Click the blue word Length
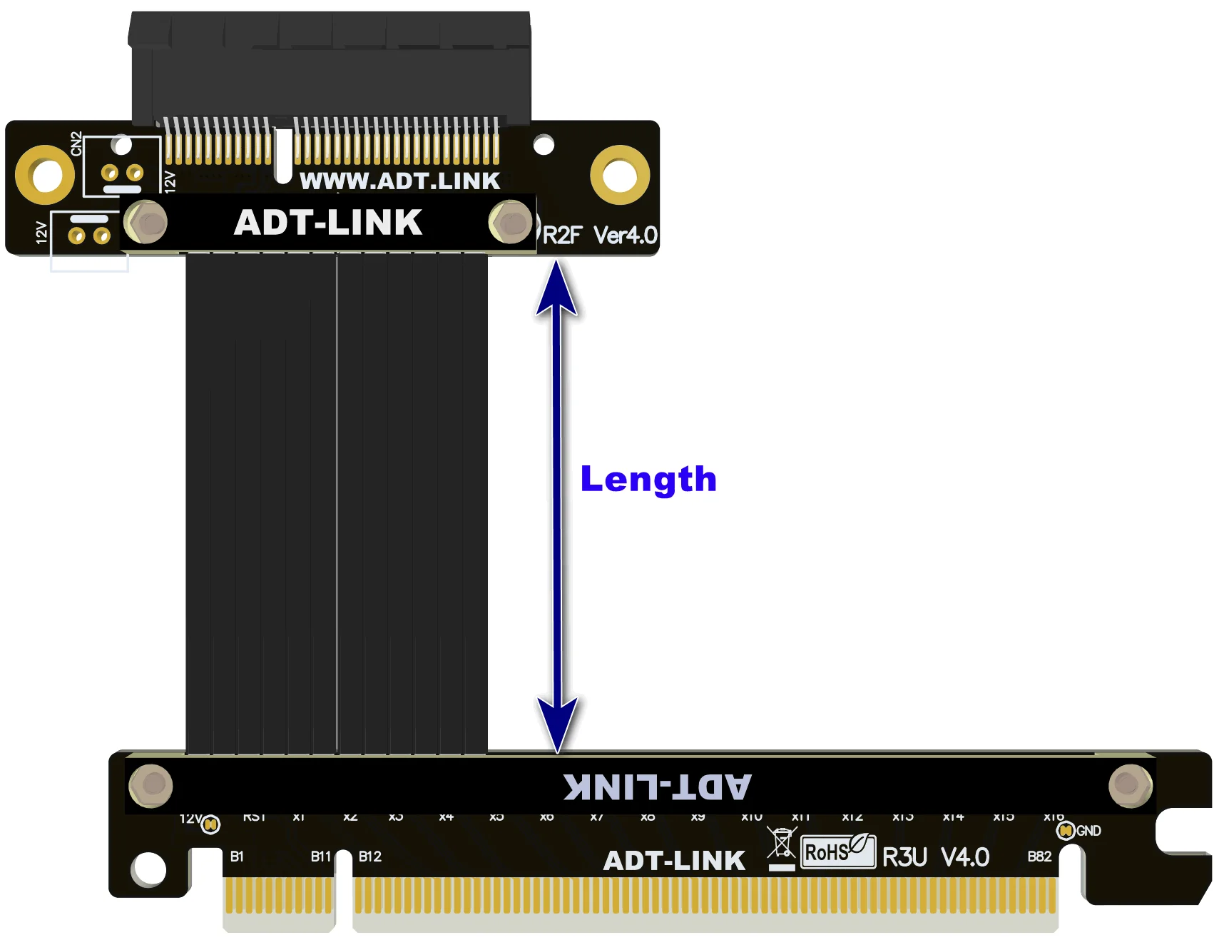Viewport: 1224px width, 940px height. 648,480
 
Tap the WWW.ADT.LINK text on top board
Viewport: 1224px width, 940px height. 399,181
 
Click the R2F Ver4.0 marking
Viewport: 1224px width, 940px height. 599,235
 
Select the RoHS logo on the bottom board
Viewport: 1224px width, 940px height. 837,851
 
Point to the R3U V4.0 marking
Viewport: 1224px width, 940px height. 935,856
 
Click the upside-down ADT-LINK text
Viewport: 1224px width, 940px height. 656,787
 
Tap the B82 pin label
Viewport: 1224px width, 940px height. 1039,856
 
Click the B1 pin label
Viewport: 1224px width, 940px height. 237,856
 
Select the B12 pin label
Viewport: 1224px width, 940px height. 369,856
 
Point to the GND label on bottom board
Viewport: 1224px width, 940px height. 1088,831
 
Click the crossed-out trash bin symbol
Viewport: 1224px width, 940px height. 782,845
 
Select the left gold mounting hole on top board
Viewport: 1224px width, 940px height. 46,175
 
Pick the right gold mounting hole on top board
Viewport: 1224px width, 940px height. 619,175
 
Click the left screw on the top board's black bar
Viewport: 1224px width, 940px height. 146,222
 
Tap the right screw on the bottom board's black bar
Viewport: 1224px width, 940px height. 1130,785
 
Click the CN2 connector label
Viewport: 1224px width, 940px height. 76,143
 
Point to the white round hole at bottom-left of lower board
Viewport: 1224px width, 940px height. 148,869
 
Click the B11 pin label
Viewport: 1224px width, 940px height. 320,856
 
